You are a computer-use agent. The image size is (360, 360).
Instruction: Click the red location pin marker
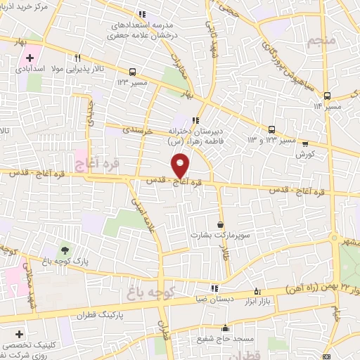181,165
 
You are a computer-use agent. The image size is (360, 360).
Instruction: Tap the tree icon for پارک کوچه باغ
65,250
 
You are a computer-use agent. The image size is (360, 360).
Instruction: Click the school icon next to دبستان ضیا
214,288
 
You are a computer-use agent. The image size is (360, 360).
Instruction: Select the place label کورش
304,153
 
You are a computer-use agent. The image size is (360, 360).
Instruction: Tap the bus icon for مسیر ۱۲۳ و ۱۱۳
271,129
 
